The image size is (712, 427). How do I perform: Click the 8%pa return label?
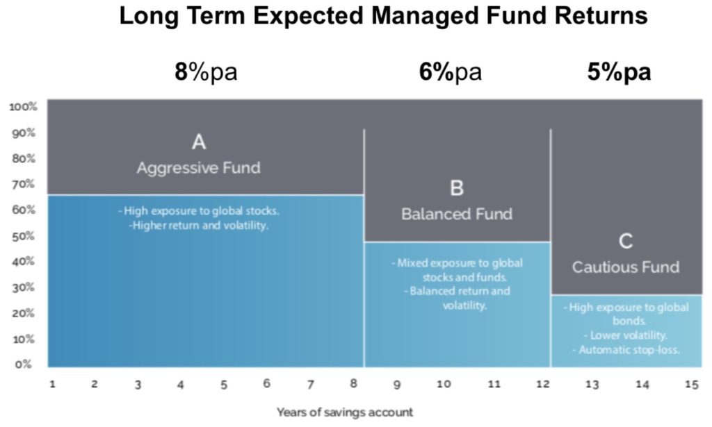coord(205,72)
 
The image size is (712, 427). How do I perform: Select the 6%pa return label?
coord(450,72)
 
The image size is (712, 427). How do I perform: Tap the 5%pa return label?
coord(619,72)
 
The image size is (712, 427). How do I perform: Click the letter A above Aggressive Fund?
coord(199,142)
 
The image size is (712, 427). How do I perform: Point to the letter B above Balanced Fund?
coord(457,187)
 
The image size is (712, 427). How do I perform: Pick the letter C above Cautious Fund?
coord(626,241)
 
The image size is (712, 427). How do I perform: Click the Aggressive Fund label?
coord(199,168)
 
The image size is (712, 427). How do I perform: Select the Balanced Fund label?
coord(457,214)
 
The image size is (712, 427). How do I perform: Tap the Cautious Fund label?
coord(626,267)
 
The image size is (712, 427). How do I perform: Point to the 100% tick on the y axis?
coord(23,107)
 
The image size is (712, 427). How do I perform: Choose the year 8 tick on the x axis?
coord(353,384)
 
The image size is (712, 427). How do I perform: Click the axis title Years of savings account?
coord(345,412)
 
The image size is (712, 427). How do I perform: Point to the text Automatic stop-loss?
coord(630,349)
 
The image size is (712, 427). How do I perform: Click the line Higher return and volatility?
coord(199,225)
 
